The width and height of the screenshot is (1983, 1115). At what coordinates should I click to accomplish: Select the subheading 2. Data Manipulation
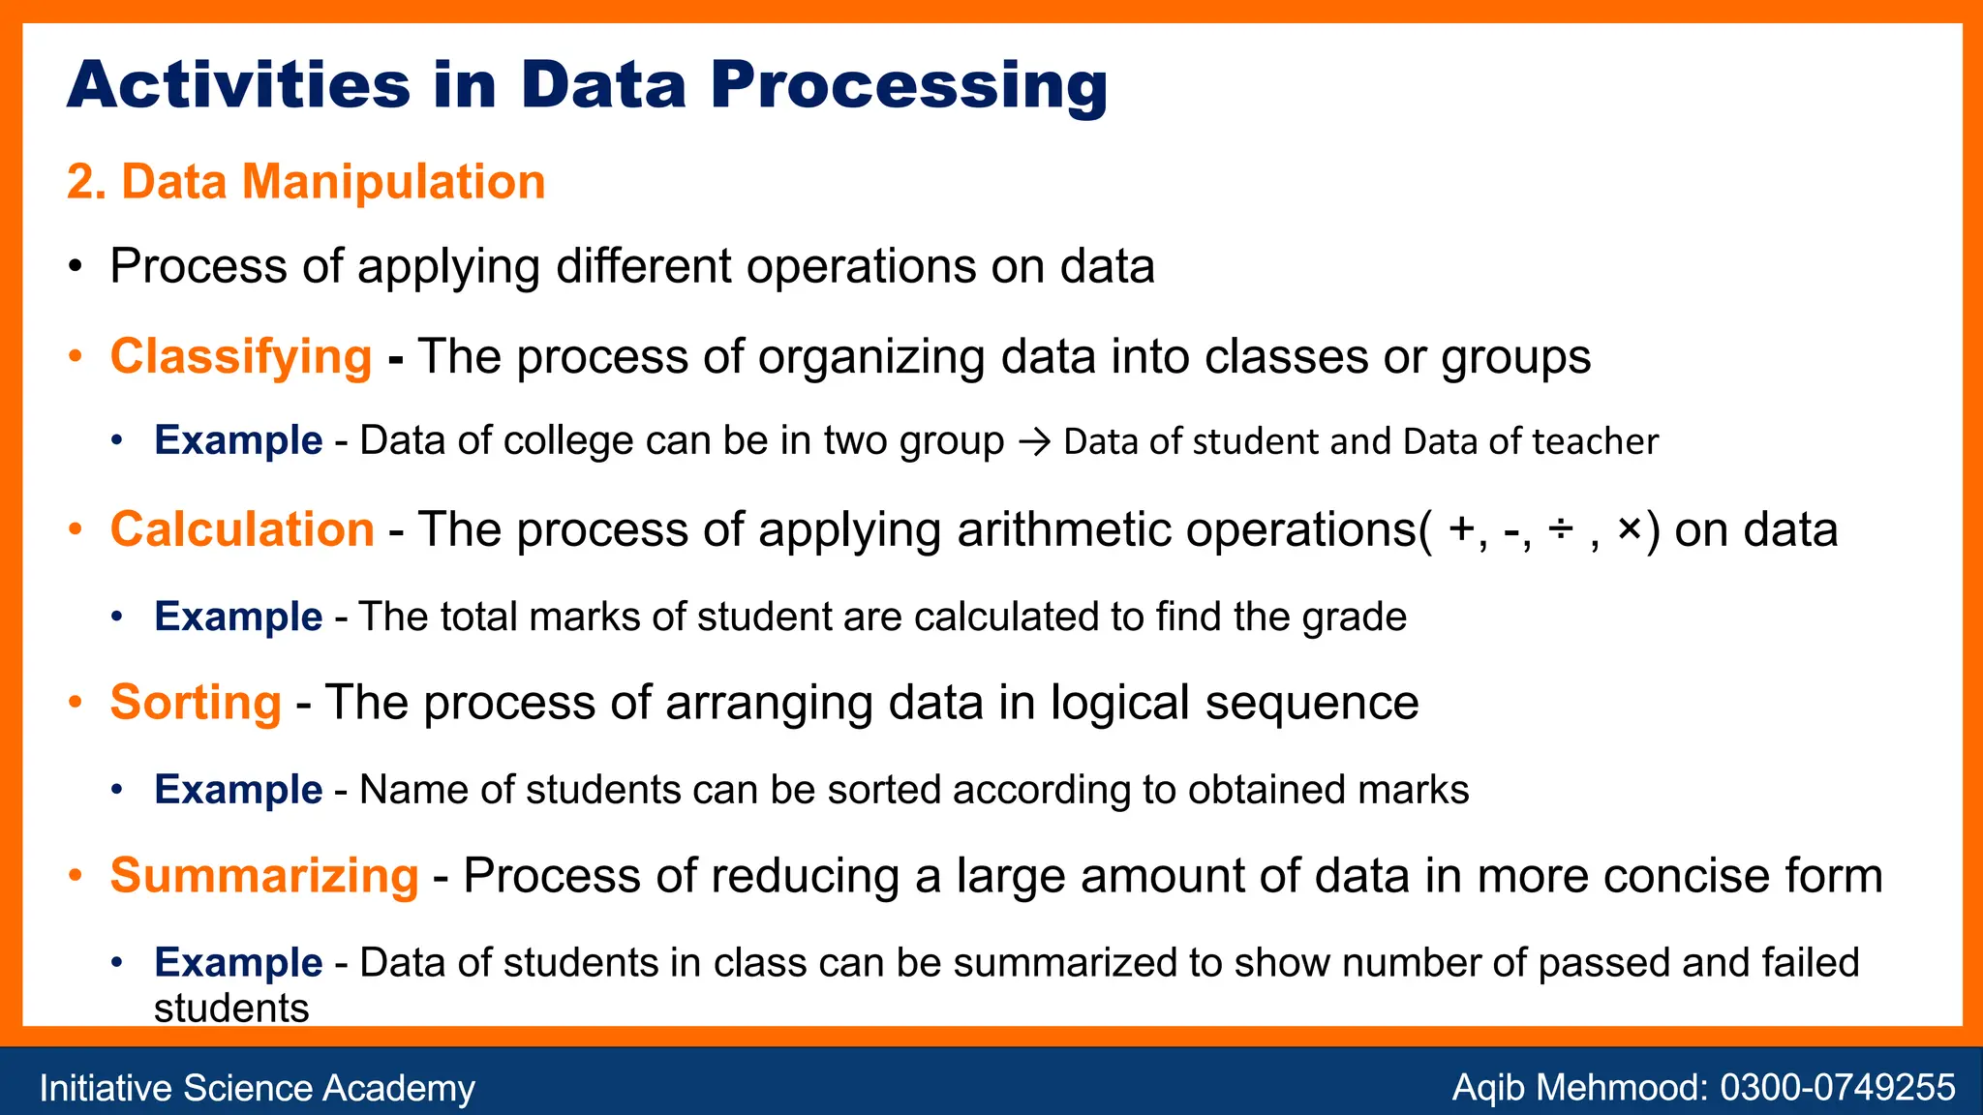click(306, 182)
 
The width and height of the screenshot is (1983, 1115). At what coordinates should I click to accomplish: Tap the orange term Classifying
click(241, 356)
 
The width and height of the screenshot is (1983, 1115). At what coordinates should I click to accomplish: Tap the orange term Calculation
click(242, 529)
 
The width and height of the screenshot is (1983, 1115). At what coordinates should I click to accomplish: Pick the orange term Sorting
click(196, 702)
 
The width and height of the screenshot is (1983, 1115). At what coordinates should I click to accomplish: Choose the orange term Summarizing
click(264, 875)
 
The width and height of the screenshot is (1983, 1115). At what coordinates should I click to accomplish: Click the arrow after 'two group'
click(1034, 442)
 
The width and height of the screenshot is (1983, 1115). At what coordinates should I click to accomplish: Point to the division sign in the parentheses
click(1560, 529)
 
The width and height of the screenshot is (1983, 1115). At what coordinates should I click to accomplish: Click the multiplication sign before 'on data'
click(1630, 529)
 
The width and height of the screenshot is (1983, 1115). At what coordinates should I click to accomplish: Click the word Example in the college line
click(238, 440)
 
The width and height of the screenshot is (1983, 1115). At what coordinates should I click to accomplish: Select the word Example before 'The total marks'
click(238, 617)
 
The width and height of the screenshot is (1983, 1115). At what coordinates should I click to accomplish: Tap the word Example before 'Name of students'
click(238, 790)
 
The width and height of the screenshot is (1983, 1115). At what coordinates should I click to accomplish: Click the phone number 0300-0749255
click(1837, 1087)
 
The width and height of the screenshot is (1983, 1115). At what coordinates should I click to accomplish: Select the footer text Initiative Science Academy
click(257, 1088)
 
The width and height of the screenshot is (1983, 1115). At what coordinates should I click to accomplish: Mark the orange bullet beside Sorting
click(76, 702)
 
